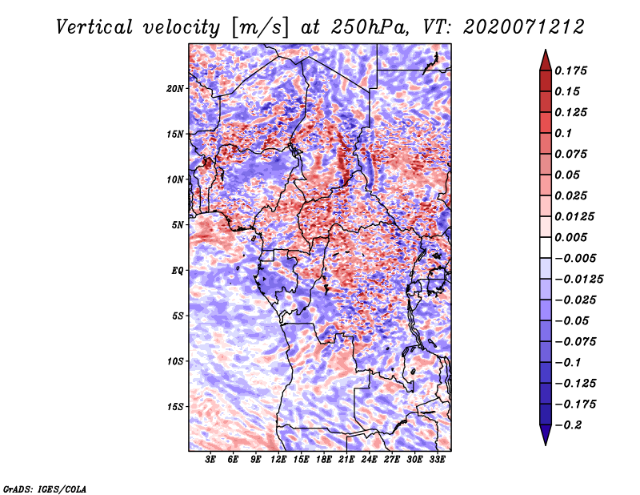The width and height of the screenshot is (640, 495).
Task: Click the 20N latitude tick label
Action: coord(175,88)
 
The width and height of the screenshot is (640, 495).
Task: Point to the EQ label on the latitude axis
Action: coord(177,271)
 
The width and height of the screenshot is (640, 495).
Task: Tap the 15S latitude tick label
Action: coord(175,407)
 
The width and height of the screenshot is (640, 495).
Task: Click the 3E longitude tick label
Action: coord(211,461)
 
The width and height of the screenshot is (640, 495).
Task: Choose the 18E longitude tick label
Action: coord(324,461)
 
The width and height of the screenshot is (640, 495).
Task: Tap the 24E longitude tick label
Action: coord(369,461)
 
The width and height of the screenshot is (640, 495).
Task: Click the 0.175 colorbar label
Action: coord(572,71)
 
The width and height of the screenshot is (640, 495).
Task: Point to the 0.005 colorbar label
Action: coord(572,238)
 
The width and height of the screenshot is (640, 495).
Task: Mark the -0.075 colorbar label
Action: coord(575,342)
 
